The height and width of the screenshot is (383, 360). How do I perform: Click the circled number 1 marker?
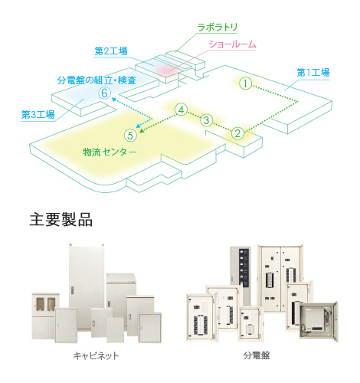pos(245,83)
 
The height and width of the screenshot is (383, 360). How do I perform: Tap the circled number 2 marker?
pos(237,133)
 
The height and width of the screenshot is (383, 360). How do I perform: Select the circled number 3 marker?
pos(206,120)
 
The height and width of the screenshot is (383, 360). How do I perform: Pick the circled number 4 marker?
pos(181,110)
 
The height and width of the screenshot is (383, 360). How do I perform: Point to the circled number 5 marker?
pos(130,136)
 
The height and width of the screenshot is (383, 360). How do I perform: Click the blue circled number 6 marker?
pos(105,93)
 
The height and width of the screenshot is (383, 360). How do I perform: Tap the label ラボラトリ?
pos(218,27)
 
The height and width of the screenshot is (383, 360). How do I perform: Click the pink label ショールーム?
pos(232,44)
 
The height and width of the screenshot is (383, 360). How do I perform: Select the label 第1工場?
pos(313,73)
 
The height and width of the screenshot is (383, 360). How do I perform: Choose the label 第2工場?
pos(111,51)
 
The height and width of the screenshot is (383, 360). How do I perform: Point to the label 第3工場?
pos(38,115)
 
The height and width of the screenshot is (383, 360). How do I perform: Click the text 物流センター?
pos(110,152)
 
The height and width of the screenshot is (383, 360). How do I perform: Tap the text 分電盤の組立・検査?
pos(97,80)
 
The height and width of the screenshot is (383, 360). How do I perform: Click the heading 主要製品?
pos(61,220)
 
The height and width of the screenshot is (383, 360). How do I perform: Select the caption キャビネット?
pos(96,355)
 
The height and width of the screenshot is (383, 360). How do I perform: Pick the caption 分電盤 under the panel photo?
pos(257,355)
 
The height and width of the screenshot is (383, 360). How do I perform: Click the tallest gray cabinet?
pos(87,286)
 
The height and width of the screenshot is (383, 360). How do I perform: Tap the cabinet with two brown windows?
pos(45,316)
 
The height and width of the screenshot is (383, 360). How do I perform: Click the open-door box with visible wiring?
pos(319,322)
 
